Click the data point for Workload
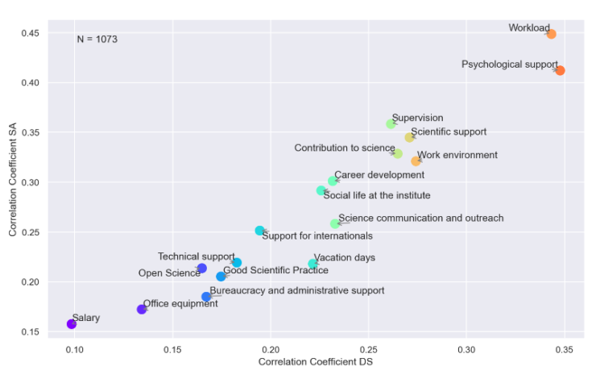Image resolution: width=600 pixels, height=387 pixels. (x=551, y=34)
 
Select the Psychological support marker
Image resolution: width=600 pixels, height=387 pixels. (x=560, y=71)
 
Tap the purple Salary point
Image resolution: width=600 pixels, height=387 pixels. (x=72, y=324)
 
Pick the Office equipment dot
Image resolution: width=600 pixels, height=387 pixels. (x=142, y=310)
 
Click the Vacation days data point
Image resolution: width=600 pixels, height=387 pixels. (x=313, y=264)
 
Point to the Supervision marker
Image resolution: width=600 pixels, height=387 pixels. (x=391, y=124)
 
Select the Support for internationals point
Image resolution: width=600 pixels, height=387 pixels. (x=260, y=231)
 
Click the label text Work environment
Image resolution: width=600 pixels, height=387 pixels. (x=457, y=156)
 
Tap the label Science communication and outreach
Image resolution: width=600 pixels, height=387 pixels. (x=420, y=218)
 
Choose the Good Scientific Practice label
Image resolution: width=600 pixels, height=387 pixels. (x=275, y=271)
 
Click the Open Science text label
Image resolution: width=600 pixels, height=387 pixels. (x=169, y=273)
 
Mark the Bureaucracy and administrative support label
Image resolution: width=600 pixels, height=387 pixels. (x=296, y=291)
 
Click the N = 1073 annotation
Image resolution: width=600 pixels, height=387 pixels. (x=97, y=40)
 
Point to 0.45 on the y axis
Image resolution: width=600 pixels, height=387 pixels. (x=30, y=33)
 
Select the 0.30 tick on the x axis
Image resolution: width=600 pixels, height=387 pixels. (x=466, y=350)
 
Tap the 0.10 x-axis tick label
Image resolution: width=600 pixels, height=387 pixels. (x=75, y=350)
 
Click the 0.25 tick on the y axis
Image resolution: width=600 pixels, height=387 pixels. (x=30, y=232)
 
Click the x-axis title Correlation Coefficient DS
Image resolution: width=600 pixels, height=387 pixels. (x=315, y=363)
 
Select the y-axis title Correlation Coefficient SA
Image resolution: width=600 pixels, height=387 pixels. (x=14, y=183)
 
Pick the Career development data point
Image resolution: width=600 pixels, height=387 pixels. (x=333, y=181)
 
